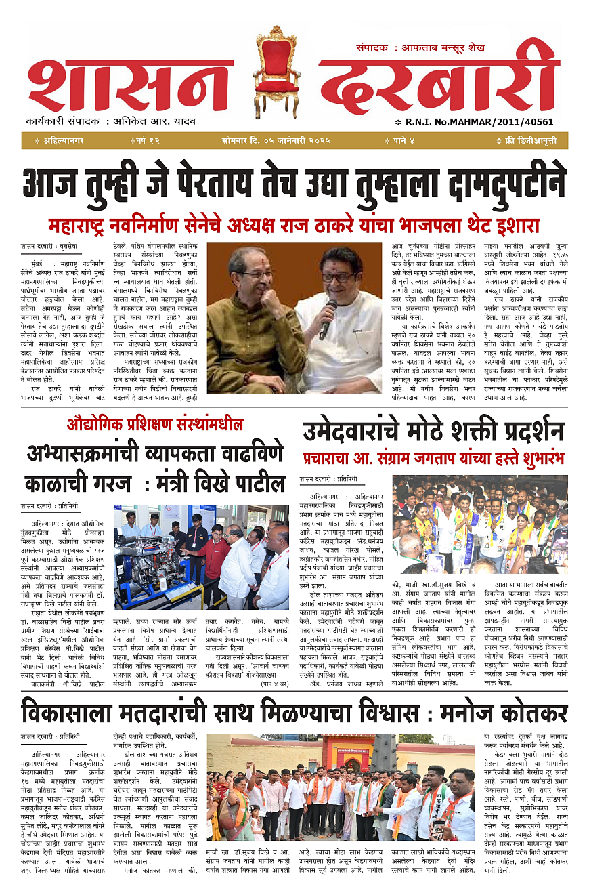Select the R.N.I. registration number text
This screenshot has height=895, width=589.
(x=494, y=122)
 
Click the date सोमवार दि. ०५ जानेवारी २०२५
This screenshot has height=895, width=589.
(x=276, y=141)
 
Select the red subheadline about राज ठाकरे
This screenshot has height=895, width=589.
(x=294, y=224)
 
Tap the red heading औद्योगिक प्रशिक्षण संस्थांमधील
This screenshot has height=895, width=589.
(x=154, y=425)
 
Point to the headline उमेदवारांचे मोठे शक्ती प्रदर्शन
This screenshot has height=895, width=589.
(x=433, y=431)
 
